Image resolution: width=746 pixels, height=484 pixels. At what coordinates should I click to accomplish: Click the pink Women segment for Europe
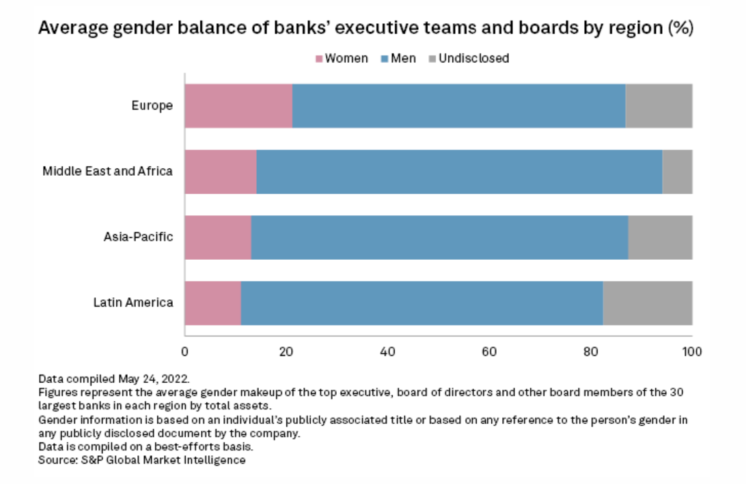[x=238, y=106]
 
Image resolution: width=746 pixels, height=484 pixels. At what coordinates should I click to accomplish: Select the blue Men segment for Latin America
[x=422, y=303]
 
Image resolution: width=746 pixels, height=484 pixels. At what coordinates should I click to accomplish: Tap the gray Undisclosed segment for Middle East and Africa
[x=677, y=172]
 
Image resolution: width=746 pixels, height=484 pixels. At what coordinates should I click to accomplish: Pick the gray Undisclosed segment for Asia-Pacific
[x=660, y=237]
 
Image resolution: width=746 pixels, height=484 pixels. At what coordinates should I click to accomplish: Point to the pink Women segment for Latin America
[x=212, y=303]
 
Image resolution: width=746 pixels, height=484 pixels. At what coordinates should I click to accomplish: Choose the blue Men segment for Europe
[x=458, y=106]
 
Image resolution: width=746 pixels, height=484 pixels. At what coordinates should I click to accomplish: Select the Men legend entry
[x=402, y=59]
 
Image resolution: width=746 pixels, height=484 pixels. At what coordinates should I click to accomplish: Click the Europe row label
[x=152, y=106]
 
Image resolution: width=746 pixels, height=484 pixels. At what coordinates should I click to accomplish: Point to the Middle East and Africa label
[x=107, y=171]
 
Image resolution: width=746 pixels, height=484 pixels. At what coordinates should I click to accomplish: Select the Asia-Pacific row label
[x=138, y=237]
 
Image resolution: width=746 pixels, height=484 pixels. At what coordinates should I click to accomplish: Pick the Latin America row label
[x=133, y=303]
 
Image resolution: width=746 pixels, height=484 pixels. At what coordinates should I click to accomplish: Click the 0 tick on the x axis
[x=184, y=353]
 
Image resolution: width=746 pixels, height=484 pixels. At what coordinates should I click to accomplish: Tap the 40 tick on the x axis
[x=387, y=353]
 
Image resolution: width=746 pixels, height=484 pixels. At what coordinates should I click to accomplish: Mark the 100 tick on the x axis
[x=692, y=353]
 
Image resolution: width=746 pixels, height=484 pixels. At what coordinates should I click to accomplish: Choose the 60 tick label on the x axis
[x=489, y=353]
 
